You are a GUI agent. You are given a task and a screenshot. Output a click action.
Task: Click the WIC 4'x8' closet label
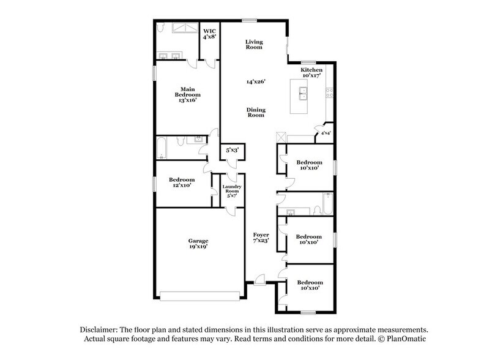(x=210, y=33)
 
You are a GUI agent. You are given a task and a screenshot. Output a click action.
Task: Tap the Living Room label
(x=254, y=44)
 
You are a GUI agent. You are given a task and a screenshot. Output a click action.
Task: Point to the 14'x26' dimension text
(x=256, y=81)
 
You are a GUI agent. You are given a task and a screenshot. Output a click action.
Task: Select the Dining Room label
(x=256, y=112)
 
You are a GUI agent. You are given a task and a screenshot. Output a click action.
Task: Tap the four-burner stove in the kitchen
(x=329, y=93)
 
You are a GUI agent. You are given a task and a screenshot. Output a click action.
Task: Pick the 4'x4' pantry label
(x=324, y=132)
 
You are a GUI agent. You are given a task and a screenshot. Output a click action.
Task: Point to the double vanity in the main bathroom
(x=170, y=57)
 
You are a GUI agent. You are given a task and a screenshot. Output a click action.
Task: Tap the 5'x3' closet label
(x=233, y=149)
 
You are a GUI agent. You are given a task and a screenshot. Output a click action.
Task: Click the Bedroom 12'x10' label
(x=182, y=182)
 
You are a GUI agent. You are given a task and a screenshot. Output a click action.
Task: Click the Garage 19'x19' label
(x=198, y=244)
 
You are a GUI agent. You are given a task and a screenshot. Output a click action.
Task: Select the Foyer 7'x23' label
(x=261, y=238)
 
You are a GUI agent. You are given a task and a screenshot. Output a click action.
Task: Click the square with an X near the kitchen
(x=281, y=137)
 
